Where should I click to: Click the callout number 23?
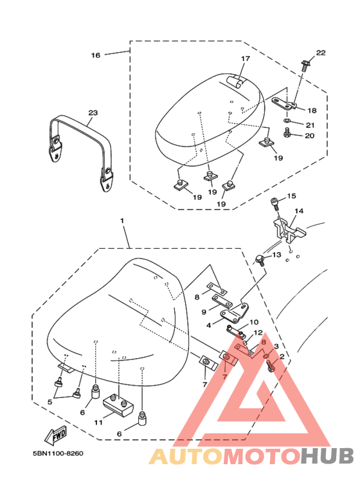93,113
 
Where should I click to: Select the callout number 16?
95,55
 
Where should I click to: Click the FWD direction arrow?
56,435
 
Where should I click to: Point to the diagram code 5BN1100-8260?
58,453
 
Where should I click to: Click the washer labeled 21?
287,121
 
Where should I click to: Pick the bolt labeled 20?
287,133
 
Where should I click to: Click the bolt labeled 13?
260,260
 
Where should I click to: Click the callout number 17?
246,59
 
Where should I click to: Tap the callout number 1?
122,221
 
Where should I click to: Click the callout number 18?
312,111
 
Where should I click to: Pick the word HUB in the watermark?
327,456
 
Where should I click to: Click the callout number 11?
98,422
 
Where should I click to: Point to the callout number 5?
50,402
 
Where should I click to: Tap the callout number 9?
204,312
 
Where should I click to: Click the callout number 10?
254,322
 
